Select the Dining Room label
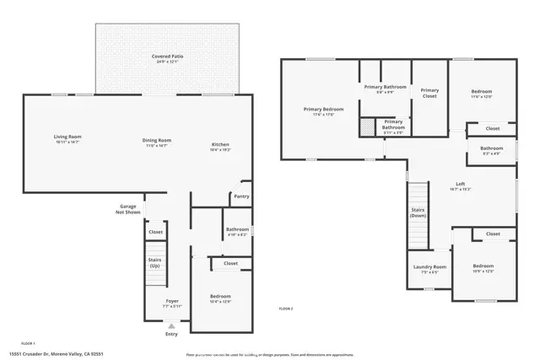157,142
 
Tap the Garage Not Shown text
128,208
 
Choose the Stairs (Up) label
154,262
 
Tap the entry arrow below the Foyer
172,325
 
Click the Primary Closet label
429,93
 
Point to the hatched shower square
367,127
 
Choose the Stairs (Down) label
417,212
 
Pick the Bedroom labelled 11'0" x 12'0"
481,94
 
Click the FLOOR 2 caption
286,309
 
